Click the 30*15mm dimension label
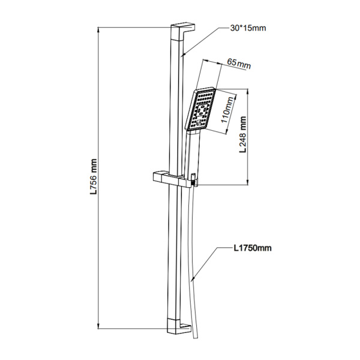[248, 28]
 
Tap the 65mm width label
[239, 64]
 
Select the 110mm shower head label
[227, 110]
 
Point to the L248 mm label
[242, 134]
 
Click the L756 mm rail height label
[94, 176]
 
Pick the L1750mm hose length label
[253, 248]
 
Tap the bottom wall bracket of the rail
[179, 326]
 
